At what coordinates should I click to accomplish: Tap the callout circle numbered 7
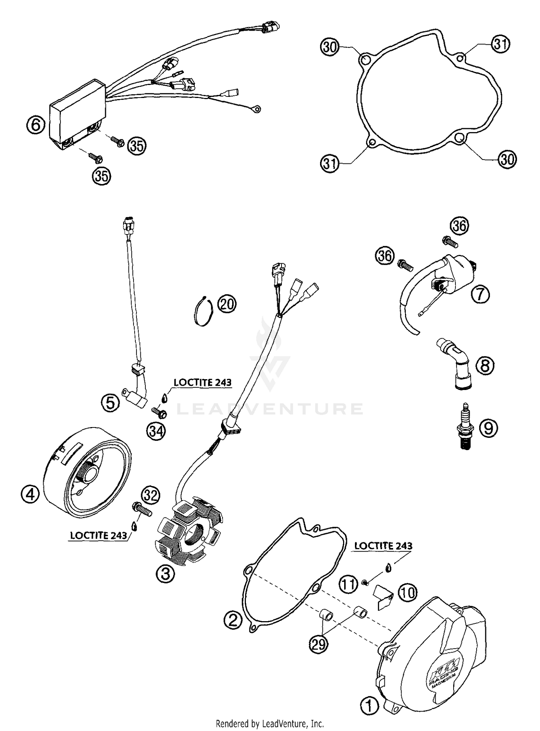click(x=480, y=295)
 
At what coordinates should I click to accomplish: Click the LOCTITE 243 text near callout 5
click(x=202, y=382)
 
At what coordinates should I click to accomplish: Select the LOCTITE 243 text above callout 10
click(x=383, y=546)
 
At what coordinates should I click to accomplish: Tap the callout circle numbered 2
click(x=232, y=619)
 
